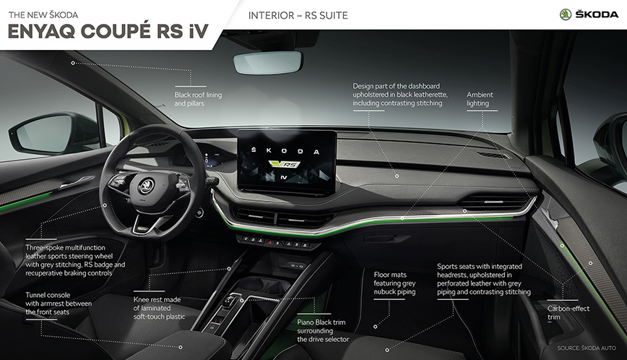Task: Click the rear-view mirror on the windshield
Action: [267, 62]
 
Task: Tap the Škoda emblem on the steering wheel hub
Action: [147, 185]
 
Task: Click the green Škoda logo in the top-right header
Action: [566, 14]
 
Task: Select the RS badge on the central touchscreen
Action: [285, 164]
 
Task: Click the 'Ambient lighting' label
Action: [480, 99]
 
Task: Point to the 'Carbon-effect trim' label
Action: [568, 313]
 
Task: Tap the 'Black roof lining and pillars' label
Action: [198, 99]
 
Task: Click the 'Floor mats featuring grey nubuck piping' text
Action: [394, 283]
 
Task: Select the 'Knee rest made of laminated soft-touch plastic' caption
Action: [159, 308]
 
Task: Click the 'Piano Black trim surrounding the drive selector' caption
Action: [323, 331]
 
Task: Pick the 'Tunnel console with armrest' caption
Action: [59, 304]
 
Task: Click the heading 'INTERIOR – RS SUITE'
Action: [298, 15]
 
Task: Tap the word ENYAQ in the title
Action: [41, 32]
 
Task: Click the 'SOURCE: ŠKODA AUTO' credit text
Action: [587, 348]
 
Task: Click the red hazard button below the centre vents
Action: [270, 242]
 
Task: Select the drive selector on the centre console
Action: [230, 303]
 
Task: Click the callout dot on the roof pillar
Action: [73, 63]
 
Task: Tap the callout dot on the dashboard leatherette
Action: [397, 176]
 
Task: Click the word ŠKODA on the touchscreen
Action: [285, 151]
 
